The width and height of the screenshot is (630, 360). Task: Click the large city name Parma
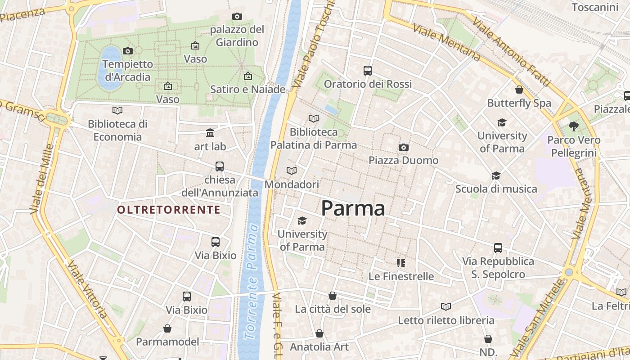coord(353,208)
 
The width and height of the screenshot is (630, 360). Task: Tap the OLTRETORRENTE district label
coord(169,210)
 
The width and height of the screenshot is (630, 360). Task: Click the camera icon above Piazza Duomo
coord(404,147)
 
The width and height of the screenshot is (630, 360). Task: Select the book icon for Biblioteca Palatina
coord(314,118)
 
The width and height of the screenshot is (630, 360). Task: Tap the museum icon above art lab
coord(210,133)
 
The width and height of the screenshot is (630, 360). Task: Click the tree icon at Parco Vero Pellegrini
coord(573,126)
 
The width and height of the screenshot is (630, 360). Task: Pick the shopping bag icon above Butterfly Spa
coord(519,90)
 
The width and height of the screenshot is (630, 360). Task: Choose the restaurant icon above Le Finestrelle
coord(401,263)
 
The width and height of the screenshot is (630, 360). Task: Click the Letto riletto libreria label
coord(446,320)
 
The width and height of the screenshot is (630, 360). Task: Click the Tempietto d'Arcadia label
coord(128,71)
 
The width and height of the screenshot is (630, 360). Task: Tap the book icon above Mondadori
coord(292,171)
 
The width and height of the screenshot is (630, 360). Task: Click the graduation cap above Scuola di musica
coord(496,175)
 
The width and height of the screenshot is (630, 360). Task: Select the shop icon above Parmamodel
coord(167,328)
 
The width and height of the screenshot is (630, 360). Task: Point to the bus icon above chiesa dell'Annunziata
coord(220,166)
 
